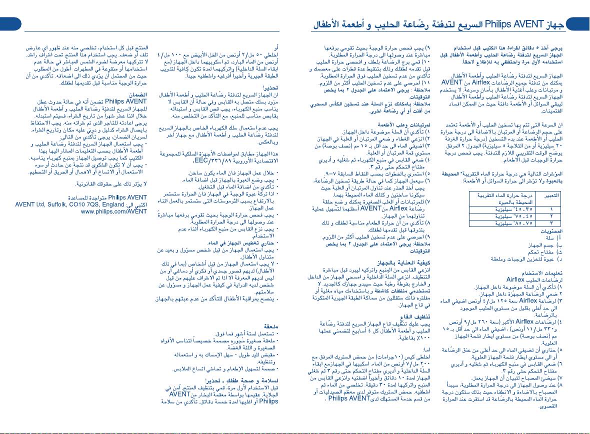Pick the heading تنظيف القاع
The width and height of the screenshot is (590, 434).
(x=413, y=316)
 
